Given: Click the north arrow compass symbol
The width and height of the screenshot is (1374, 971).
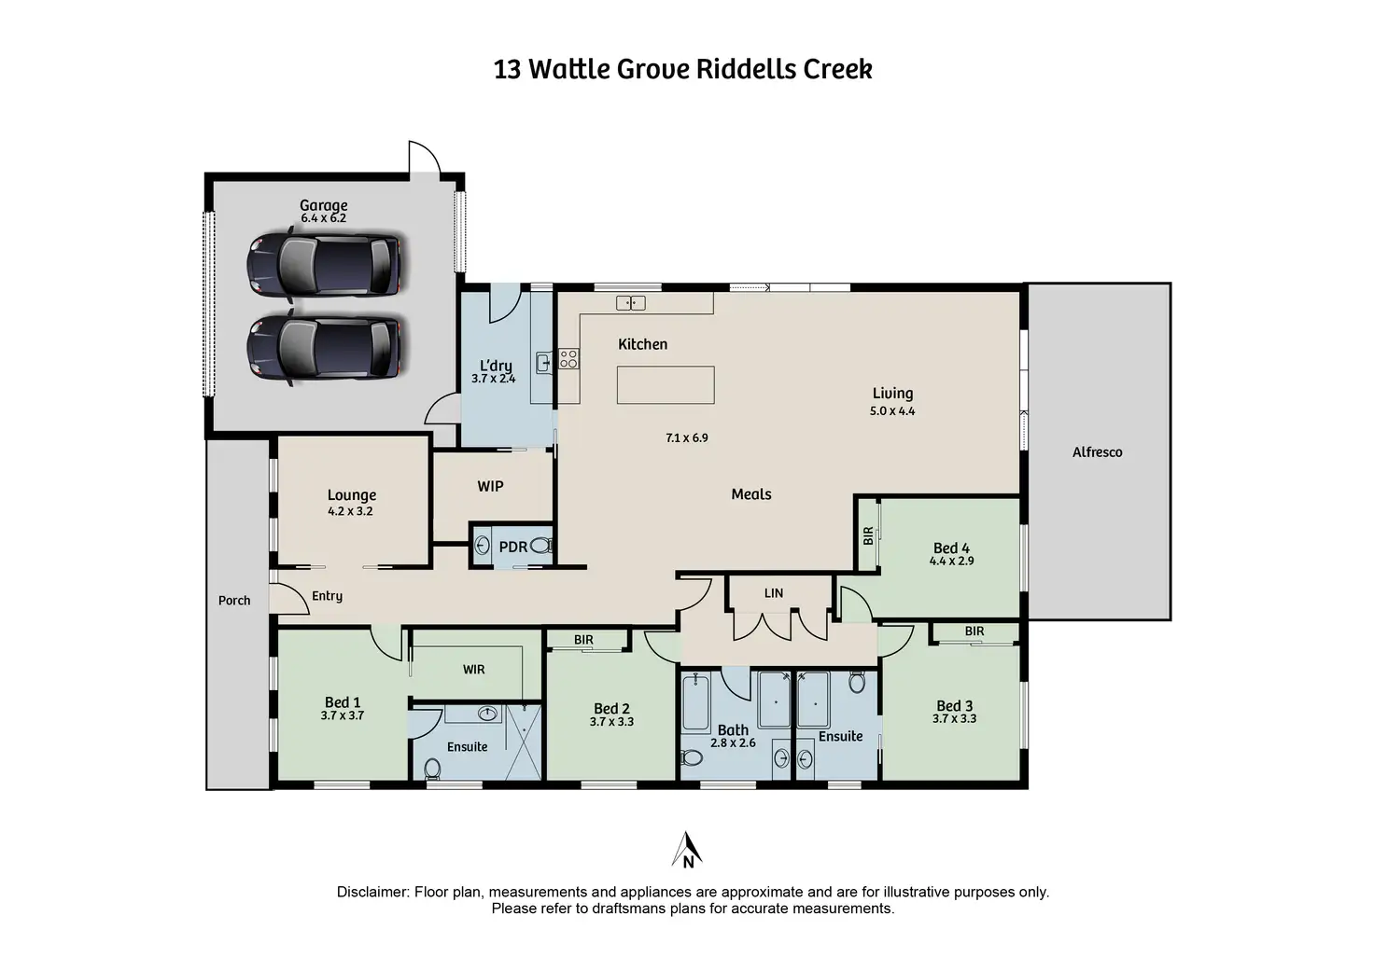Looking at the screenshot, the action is coord(687,850).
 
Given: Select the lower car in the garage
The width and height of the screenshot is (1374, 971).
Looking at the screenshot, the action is coord(324,347).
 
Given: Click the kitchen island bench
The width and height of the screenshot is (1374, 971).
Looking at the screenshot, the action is coord(666,384).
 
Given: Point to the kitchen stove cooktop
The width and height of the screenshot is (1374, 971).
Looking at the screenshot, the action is coord(568,358).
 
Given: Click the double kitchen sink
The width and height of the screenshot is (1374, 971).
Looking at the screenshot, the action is coord(631,302).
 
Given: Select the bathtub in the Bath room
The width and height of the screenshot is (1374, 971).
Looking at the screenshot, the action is coord(695,702).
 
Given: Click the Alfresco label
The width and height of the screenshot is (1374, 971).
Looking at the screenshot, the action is coord(1097,452).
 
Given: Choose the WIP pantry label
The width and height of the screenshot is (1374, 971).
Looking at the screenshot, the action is coord(490,486).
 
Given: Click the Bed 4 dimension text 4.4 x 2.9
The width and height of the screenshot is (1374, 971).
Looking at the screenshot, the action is coord(951,562).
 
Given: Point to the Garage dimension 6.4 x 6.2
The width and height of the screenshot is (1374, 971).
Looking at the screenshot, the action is coord(323,218).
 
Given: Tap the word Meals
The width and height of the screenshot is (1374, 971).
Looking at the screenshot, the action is coord(751,494).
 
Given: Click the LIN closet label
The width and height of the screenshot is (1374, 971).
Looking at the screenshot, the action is coord(774,593).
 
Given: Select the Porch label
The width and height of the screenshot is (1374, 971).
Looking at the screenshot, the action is coord(234,601).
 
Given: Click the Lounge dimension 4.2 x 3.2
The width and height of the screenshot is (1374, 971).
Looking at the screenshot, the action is coord(350,511).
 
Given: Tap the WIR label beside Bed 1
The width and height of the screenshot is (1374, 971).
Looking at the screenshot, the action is coord(473,669).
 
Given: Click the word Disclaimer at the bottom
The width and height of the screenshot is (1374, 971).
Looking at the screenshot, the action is coord(372,892).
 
